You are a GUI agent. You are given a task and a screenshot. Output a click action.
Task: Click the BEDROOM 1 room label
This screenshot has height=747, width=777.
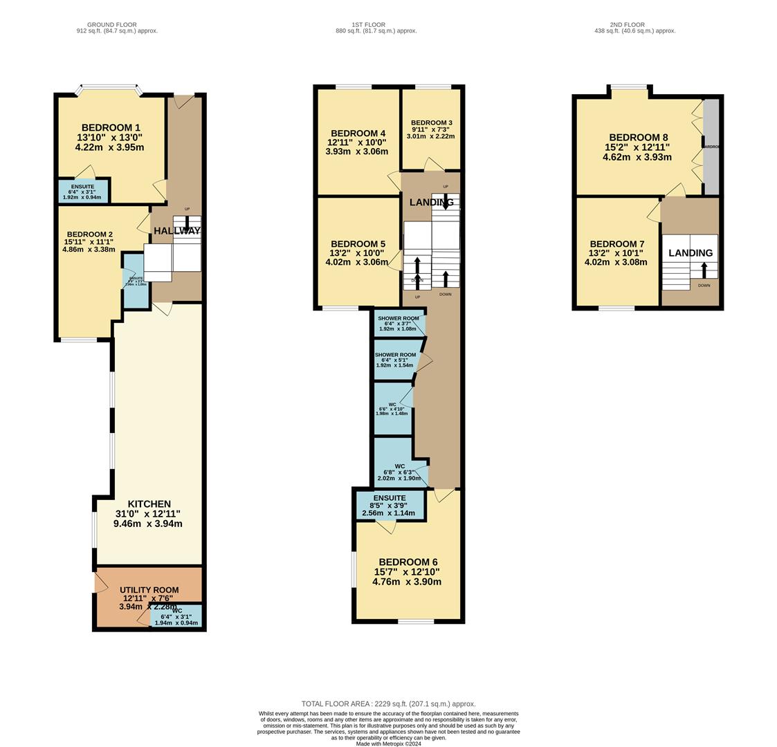click(x=111, y=128)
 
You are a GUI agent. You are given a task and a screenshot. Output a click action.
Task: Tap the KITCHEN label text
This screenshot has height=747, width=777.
click(x=149, y=504)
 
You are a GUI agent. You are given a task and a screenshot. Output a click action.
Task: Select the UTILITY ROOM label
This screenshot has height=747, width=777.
click(x=149, y=590)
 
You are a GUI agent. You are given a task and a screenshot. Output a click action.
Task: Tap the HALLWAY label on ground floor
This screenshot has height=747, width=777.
click(x=176, y=231)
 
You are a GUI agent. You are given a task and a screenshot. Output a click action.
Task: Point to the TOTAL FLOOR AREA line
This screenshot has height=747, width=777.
click(x=388, y=703)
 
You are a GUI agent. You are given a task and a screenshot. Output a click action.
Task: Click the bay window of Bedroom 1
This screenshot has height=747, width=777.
click(x=111, y=90)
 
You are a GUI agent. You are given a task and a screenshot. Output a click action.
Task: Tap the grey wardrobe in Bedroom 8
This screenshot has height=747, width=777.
click(x=711, y=147)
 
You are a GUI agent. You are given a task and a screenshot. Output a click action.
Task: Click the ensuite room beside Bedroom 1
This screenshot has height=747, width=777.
click(x=82, y=191)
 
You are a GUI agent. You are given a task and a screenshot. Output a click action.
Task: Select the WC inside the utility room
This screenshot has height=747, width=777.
click(x=176, y=616)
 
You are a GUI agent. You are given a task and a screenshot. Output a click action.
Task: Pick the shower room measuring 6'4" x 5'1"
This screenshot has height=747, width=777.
click(x=395, y=360)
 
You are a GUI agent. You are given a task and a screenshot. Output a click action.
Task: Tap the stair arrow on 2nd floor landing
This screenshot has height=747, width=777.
click(x=704, y=269)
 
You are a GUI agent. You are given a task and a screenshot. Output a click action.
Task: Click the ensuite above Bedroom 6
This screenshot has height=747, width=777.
click(x=390, y=505)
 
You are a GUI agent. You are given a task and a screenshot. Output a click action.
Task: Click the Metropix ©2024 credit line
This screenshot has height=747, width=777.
click(x=388, y=744)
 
